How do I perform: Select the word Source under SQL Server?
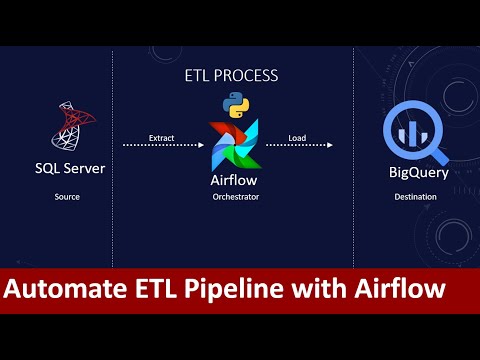tap(67, 197)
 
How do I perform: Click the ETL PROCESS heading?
tap(231, 75)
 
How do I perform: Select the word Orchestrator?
tap(236, 197)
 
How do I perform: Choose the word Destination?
tap(412, 197)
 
